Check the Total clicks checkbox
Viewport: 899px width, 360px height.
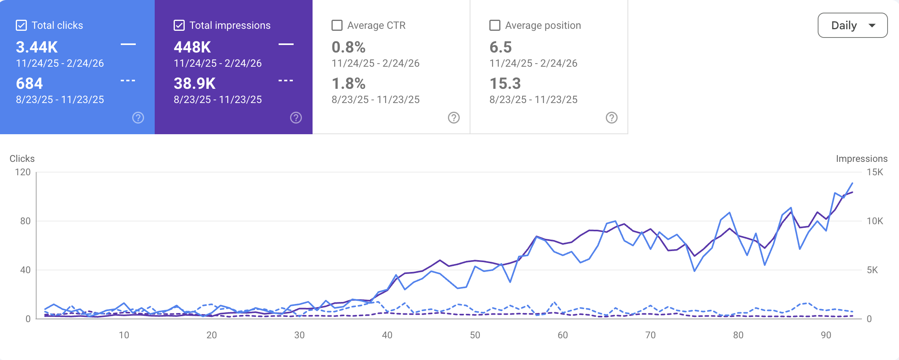[x=21, y=25]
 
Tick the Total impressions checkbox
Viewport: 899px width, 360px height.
[x=179, y=25]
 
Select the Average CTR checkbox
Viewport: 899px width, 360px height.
[x=337, y=25]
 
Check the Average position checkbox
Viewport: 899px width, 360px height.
[x=495, y=25]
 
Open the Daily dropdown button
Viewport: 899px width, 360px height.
[x=852, y=25]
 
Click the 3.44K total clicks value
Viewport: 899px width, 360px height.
[x=37, y=47]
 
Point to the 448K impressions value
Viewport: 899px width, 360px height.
[x=192, y=47]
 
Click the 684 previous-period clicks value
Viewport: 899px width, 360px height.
[x=29, y=84]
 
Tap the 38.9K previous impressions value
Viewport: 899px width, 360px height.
[x=195, y=84]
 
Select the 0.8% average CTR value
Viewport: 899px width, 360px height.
[x=348, y=47]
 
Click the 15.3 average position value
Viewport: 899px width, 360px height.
[x=505, y=84]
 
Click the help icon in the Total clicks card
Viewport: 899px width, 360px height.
[x=138, y=118]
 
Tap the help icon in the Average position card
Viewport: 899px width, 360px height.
[x=612, y=118]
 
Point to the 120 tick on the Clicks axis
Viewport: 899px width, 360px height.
[x=22, y=172]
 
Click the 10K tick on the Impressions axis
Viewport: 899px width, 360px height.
[x=875, y=221]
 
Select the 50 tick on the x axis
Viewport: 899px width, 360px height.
[x=475, y=335]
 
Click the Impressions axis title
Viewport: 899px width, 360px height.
[x=862, y=159]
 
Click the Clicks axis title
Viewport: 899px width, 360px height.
[x=22, y=159]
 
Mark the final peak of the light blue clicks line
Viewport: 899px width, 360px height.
[x=852, y=183]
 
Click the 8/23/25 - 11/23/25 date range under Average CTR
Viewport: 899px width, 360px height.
[x=375, y=99]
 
